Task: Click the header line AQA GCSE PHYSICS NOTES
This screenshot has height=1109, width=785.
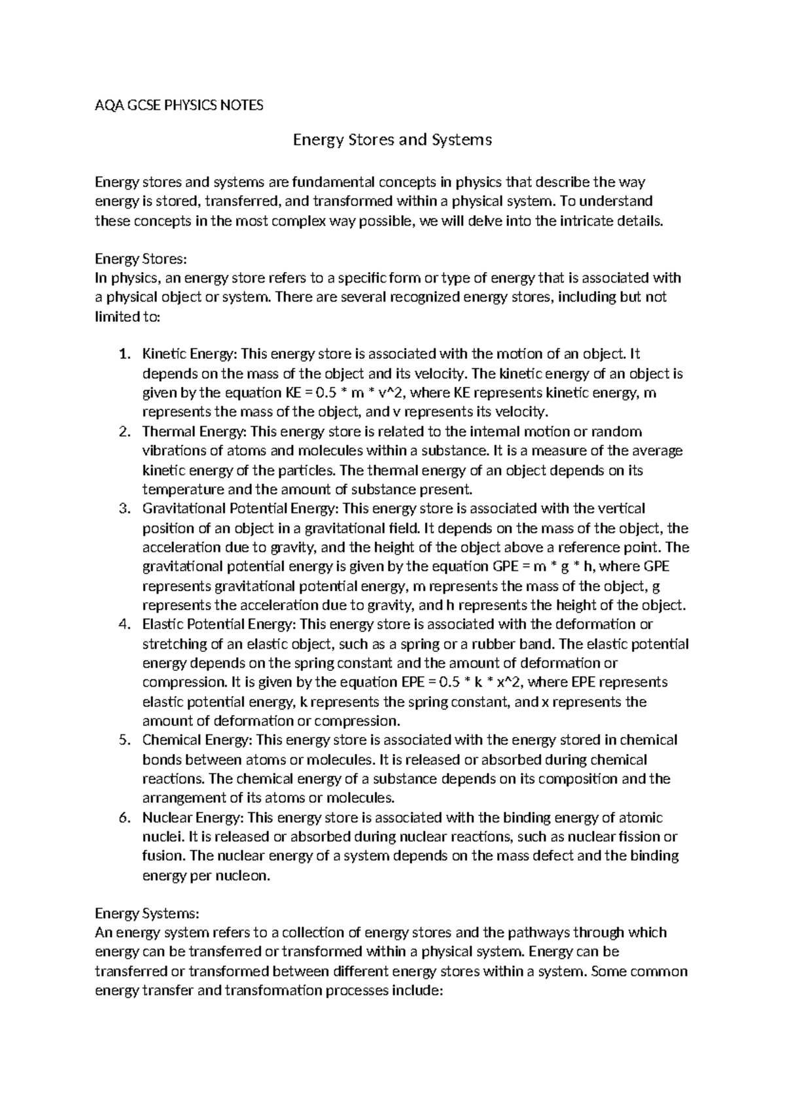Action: point(179,105)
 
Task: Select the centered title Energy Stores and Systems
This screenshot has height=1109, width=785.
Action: point(392,140)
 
